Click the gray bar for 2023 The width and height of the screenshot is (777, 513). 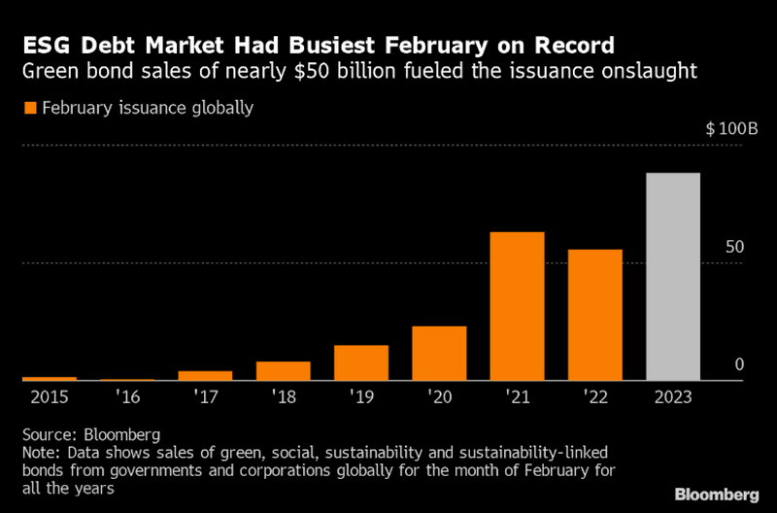[673, 277]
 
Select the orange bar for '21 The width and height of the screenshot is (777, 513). [517, 306]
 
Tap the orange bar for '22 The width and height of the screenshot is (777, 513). [594, 315]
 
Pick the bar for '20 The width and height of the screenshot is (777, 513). [439, 353]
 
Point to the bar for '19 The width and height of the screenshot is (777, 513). [360, 362]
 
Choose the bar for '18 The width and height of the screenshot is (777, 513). [283, 370]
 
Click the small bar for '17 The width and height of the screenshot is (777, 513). [205, 375]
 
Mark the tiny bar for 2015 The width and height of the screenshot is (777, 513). [49, 378]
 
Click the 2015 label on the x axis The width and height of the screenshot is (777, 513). [49, 397]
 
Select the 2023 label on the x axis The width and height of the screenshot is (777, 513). [673, 397]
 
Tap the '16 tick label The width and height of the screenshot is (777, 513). [127, 397]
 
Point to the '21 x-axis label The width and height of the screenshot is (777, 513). [517, 397]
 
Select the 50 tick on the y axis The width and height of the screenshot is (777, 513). [734, 247]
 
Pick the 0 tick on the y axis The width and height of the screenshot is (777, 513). [739, 364]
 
